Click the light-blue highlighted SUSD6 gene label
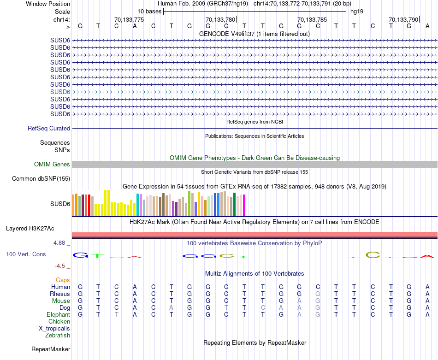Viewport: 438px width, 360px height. [x=60, y=92]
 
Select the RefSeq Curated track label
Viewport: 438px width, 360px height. [x=49, y=129]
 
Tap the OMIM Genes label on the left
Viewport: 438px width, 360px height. [x=52, y=165]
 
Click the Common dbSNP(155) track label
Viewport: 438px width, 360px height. [x=41, y=179]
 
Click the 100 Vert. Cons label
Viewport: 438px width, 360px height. [x=26, y=254]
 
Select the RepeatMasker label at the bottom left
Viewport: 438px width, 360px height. [x=51, y=349]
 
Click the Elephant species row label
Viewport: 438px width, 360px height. [x=58, y=315]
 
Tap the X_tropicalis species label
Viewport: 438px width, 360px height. [x=54, y=329]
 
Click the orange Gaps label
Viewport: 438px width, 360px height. [x=63, y=280]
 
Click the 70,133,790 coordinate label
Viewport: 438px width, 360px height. [x=403, y=20]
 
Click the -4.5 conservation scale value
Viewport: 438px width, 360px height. [x=62, y=266]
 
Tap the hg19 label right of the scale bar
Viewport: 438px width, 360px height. [x=357, y=11]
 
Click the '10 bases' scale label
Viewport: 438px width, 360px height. [x=149, y=11]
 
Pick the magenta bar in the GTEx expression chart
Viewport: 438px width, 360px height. [x=244, y=205]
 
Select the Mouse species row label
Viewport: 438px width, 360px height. [x=61, y=301]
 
